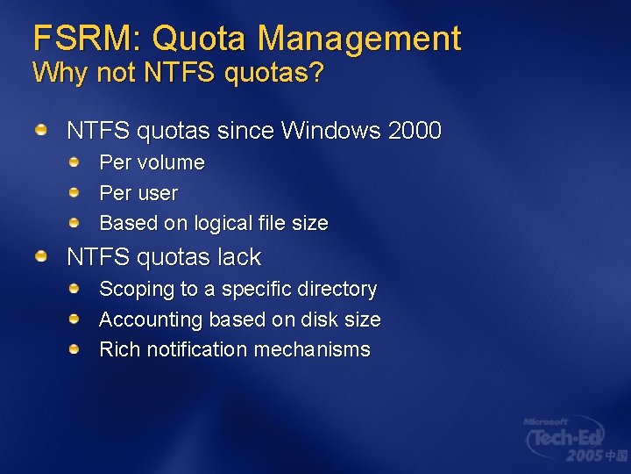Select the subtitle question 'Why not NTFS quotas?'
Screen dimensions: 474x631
pos(178,73)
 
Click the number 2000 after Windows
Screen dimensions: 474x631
pos(414,132)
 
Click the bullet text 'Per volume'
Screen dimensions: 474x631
pos(152,163)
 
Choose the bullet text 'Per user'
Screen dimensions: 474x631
pos(138,193)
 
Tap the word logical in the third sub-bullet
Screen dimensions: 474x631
pos(225,224)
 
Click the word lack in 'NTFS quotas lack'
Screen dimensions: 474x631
pos(241,257)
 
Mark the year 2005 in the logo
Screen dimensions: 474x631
pos(584,456)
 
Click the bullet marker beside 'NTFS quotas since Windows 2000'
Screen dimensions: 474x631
pos(41,131)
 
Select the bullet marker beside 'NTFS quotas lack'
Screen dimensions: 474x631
pos(41,256)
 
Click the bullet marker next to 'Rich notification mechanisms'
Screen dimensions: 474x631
pos(76,349)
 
